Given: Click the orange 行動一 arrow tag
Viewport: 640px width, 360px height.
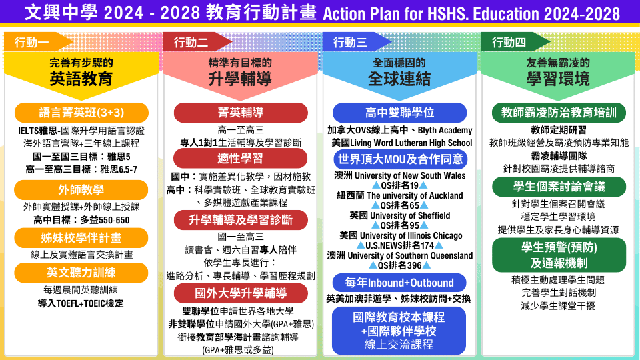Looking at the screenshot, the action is pyautogui.click(x=37, y=42).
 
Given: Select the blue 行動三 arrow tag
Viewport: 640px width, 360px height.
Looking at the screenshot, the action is pyautogui.click(x=356, y=42).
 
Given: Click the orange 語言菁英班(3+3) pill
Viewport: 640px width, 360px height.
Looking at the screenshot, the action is pyautogui.click(x=81, y=113).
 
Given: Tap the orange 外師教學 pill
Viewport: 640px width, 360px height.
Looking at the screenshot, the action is pyautogui.click(x=81, y=190).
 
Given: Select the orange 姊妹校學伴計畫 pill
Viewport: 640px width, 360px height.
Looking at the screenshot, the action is pyautogui.click(x=81, y=237).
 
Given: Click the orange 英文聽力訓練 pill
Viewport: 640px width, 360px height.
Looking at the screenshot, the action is pyautogui.click(x=81, y=273).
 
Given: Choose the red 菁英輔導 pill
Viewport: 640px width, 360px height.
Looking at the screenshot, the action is pyautogui.click(x=241, y=113).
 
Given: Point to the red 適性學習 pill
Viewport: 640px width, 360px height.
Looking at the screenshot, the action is pyautogui.click(x=241, y=159).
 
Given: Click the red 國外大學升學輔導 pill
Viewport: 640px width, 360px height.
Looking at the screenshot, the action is pyautogui.click(x=241, y=293).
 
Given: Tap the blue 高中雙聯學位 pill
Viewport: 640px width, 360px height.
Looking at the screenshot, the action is pyautogui.click(x=399, y=113).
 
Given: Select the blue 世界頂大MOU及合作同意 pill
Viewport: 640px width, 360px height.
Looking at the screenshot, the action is pyautogui.click(x=401, y=159).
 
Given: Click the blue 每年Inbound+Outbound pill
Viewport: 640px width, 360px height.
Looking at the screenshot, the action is pyautogui.click(x=399, y=283).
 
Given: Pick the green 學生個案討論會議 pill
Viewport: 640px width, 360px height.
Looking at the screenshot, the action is pyautogui.click(x=559, y=187).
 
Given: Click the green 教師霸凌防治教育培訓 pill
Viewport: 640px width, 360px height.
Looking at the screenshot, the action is pyautogui.click(x=559, y=113).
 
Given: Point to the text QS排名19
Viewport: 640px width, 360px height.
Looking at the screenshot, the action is pyautogui.click(x=399, y=186).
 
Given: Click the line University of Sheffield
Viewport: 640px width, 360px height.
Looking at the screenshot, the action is pyautogui.click(x=410, y=215).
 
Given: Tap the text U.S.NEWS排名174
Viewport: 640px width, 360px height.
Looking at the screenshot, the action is pyautogui.click(x=399, y=246).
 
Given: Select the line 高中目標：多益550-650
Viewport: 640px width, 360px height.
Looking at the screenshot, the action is pyautogui.click(x=81, y=221).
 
